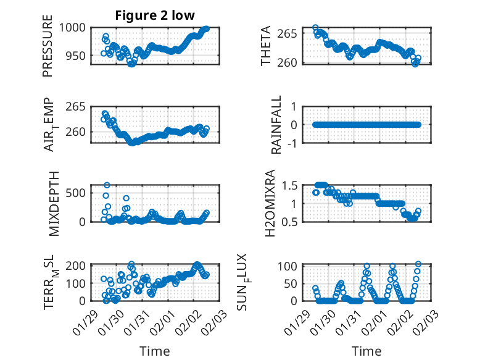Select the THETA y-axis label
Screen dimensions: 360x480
(x=266, y=46)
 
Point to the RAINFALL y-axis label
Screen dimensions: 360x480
(x=276, y=125)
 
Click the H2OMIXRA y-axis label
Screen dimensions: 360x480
(x=270, y=203)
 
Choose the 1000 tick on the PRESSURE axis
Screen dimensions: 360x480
(x=75, y=28)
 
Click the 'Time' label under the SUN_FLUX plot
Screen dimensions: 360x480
(x=367, y=351)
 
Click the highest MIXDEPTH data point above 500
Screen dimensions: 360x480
(x=107, y=185)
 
